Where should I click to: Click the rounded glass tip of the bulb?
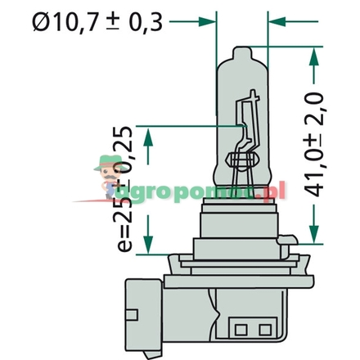[x=243, y=52]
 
